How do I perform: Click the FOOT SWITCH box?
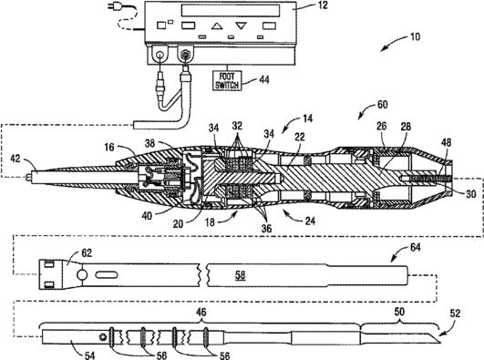(227, 80)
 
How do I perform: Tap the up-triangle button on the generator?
(217, 26)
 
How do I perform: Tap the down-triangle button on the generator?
(241, 26)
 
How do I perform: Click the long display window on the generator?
(231, 10)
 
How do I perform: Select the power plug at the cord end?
(112, 6)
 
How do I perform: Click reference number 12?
(323, 5)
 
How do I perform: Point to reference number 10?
(415, 36)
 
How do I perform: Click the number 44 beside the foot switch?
(264, 79)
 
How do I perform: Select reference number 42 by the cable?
(15, 159)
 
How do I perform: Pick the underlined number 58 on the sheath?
(240, 275)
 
